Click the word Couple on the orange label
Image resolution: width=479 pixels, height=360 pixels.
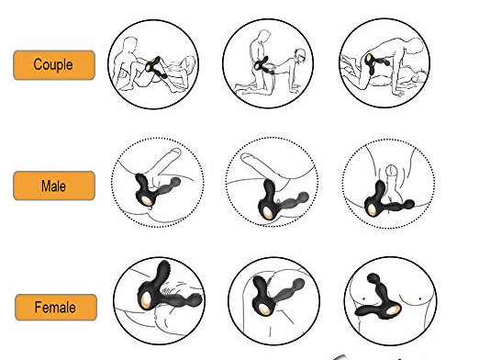click(x=53, y=65)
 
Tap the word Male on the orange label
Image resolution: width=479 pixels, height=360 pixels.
click(x=53, y=186)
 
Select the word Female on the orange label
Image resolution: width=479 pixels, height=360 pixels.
click(x=55, y=308)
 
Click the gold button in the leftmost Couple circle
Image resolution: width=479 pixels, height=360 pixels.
click(x=149, y=67)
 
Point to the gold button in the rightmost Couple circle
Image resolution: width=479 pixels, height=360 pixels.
click(x=369, y=58)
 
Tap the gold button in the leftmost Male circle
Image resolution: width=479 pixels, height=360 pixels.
click(x=147, y=201)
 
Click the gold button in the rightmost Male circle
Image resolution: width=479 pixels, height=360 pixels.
click(x=373, y=210)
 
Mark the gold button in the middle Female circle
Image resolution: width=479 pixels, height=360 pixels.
click(x=263, y=309)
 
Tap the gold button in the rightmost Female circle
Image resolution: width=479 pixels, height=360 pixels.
click(x=393, y=310)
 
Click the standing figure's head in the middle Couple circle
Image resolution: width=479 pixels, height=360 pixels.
click(x=265, y=34)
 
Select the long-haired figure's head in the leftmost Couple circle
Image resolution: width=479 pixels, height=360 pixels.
click(x=189, y=62)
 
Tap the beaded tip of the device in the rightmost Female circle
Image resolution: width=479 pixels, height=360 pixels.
click(x=373, y=279)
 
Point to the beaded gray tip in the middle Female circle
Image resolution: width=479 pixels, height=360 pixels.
click(x=298, y=285)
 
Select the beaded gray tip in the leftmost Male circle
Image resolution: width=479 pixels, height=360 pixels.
click(x=175, y=183)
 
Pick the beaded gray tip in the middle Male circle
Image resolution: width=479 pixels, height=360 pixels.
click(x=303, y=197)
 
